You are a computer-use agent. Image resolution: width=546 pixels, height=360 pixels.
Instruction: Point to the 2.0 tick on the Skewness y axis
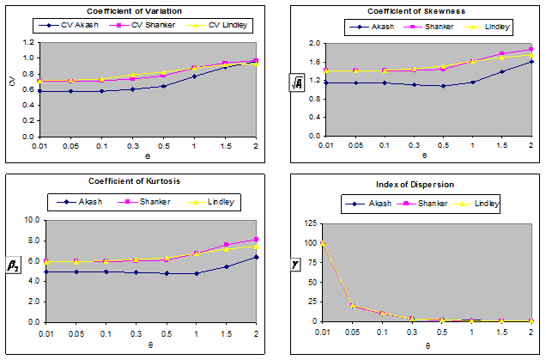click(x=314, y=43)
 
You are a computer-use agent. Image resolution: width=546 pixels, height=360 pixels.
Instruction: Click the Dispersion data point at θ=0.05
click(x=352, y=305)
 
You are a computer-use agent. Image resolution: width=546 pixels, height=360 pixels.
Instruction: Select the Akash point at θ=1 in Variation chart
click(x=194, y=76)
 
